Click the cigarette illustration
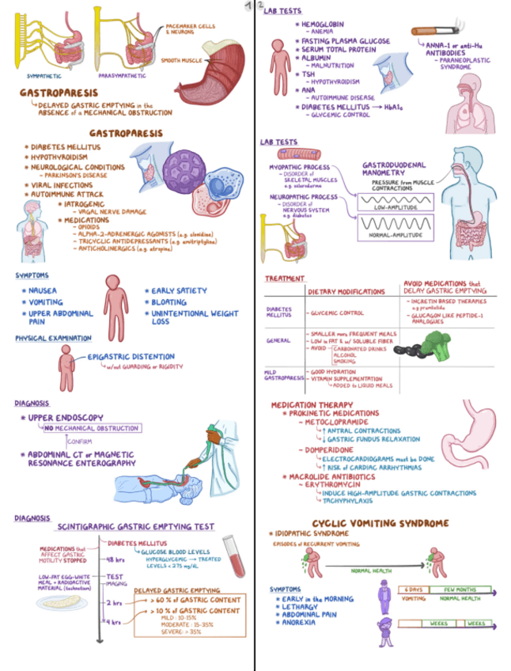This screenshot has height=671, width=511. [435, 31]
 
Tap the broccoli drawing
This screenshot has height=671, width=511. [433, 345]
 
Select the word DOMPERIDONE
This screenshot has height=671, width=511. [324, 449]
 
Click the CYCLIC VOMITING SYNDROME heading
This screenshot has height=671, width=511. [380, 523]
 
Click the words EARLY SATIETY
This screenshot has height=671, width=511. [180, 290]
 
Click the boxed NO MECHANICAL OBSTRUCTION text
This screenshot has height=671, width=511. [92, 428]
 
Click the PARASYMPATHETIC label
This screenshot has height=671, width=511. [121, 77]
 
